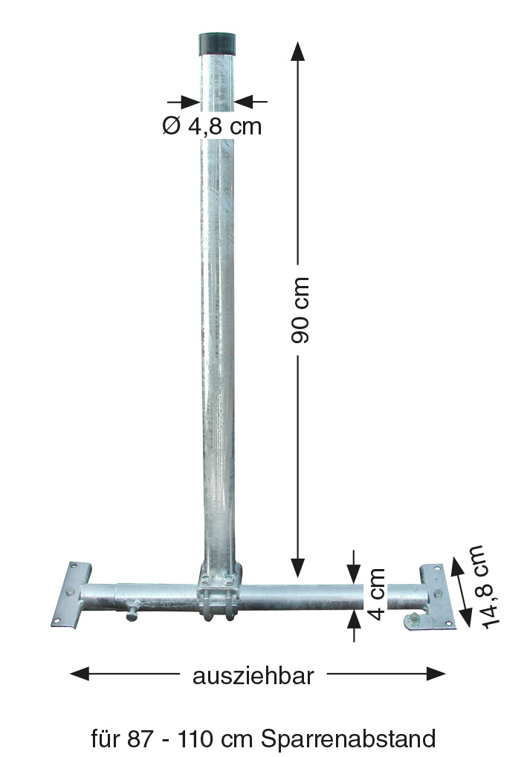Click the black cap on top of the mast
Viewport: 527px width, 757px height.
(x=218, y=44)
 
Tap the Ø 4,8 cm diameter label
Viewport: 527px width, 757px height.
(x=213, y=126)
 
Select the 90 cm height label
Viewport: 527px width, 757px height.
(x=300, y=310)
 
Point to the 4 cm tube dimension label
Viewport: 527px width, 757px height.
(x=376, y=594)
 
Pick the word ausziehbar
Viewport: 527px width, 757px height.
(x=253, y=676)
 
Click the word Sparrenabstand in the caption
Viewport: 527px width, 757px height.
(x=349, y=739)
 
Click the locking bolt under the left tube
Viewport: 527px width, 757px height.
(x=132, y=612)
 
